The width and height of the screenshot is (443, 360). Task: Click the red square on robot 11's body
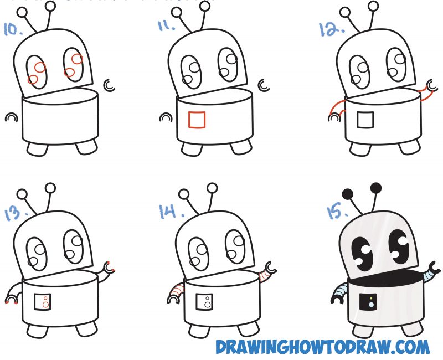[197, 120]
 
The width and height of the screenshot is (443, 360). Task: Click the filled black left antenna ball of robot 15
[348, 193]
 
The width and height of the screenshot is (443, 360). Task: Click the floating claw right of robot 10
[110, 85]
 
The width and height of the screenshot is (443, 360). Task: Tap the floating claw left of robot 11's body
[166, 117]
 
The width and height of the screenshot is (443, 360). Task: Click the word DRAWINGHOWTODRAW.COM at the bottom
[322, 347]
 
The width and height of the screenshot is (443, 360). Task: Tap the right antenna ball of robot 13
[51, 188]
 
